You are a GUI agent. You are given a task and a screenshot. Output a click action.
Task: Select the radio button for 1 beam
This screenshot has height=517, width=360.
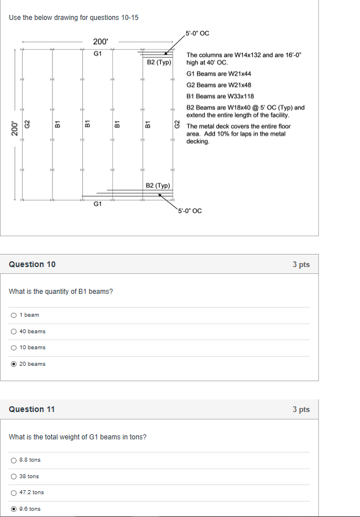coord(13,315)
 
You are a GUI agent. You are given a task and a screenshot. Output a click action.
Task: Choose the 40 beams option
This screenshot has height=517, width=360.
coord(13,331)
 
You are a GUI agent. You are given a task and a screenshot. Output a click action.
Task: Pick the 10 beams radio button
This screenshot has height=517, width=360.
coord(13,348)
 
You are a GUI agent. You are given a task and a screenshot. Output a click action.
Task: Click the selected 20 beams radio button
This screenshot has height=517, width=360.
coord(13,363)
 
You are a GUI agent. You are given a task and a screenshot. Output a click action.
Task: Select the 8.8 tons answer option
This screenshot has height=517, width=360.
coord(13,460)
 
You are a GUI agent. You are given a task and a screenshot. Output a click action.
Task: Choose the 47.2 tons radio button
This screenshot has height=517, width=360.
coord(13,492)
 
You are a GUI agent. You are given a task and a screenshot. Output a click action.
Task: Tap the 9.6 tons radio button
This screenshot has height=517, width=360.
coord(13,508)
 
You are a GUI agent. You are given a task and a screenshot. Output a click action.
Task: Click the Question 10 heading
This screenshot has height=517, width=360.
coord(33,264)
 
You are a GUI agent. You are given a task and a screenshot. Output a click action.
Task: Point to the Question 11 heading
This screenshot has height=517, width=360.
coord(33,409)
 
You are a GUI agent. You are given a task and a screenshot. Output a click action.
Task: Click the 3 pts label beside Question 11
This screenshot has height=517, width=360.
coord(301,409)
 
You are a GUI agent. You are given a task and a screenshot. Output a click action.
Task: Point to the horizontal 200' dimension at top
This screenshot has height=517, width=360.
coord(100,42)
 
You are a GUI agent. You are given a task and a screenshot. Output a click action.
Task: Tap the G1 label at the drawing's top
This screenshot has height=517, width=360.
coord(98,54)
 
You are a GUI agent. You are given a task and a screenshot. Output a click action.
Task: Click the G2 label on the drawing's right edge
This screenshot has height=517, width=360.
coord(177,124)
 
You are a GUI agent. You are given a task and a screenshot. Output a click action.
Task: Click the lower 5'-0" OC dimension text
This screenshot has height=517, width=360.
coord(189,211)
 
